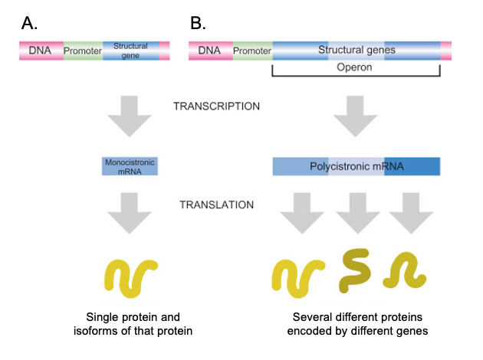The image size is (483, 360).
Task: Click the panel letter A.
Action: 29,23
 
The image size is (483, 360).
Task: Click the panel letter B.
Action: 198,23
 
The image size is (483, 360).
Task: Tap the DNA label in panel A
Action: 40,51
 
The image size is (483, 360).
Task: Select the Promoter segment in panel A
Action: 83,51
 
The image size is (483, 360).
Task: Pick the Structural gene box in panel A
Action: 131,51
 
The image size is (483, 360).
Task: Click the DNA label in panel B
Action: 209,51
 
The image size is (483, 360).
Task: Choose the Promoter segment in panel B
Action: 252,51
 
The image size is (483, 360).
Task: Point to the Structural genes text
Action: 356,50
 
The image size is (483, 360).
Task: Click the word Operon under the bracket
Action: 354,67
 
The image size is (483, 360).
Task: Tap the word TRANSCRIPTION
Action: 216,106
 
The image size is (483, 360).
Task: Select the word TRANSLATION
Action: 216,205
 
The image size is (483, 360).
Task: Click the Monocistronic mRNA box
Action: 130,166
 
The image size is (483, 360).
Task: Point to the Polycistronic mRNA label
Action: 356,166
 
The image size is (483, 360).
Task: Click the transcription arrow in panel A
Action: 130,116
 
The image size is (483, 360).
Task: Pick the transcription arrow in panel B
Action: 355,116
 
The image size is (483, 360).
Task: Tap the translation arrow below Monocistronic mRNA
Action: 130,213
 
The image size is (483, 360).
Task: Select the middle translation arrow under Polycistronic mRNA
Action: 357,213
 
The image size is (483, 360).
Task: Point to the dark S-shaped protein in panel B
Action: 354,271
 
